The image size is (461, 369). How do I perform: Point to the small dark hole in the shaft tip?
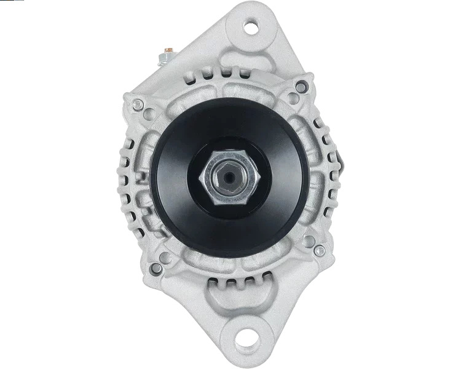point(230,178)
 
